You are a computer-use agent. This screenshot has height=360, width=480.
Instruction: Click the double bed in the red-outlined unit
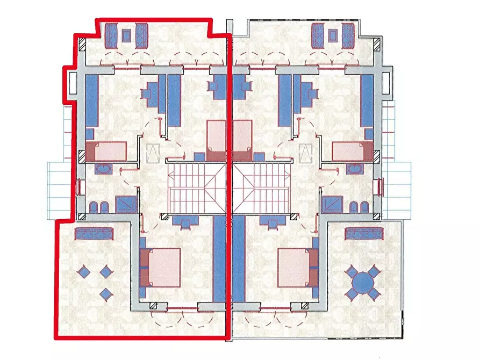(160, 267)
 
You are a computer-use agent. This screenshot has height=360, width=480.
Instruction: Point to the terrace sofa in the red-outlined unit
(94, 233)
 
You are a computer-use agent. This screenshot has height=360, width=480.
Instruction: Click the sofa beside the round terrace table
(364, 233)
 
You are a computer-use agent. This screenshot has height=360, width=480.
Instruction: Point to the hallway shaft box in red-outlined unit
(153, 154)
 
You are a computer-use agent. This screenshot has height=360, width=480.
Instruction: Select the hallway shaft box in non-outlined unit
(306, 154)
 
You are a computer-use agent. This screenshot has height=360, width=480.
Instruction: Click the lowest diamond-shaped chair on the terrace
(106, 293)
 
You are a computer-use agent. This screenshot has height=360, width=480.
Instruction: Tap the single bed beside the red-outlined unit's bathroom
(110, 151)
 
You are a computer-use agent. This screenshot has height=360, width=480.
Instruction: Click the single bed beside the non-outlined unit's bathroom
(349, 151)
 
